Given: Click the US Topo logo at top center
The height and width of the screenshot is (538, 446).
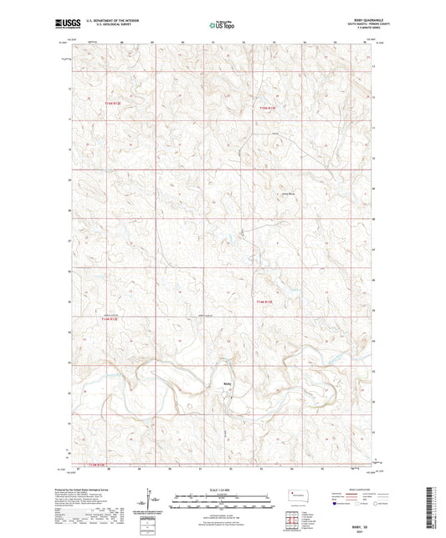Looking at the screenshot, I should [222, 26].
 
